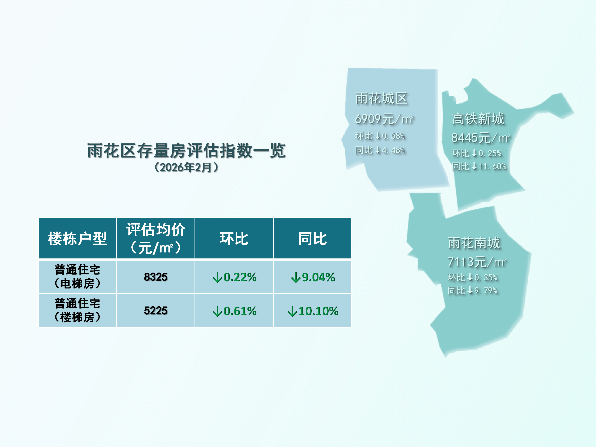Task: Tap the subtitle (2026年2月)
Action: point(186,167)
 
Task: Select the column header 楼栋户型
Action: point(77,238)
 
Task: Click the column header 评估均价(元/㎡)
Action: point(156,238)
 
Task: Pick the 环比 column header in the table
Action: point(234,238)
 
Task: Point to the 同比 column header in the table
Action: point(312,238)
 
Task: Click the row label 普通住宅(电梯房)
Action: point(77,277)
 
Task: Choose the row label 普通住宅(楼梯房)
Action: point(77,310)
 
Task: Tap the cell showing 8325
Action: point(156,277)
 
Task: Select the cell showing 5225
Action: point(156,311)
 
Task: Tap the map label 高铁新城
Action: point(478,119)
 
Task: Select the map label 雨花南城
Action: point(474,243)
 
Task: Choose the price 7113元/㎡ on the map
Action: point(477,262)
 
